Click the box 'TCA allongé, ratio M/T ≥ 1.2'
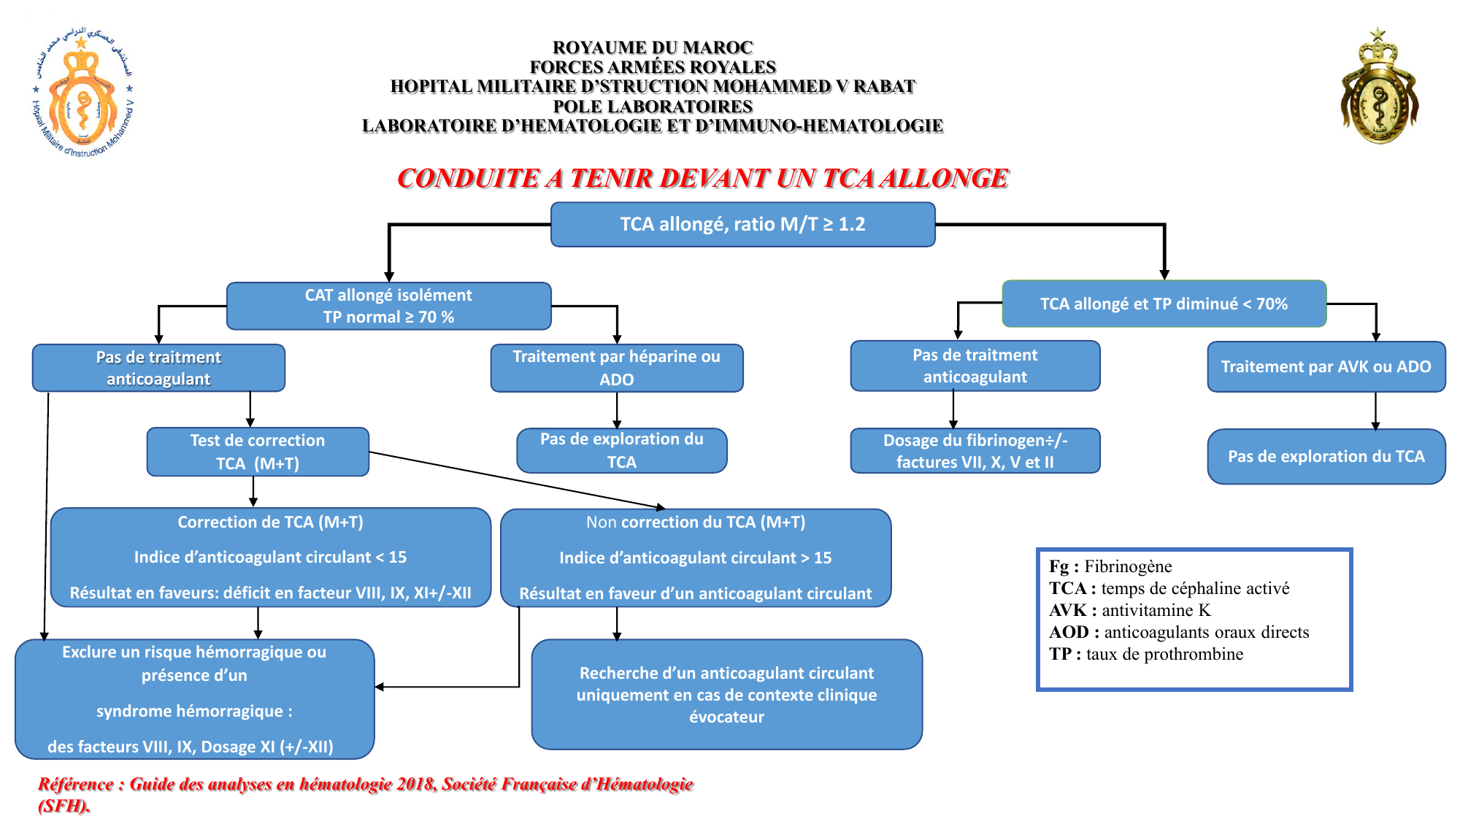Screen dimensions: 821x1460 (x=742, y=224)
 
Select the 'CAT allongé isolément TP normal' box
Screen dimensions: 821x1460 (x=388, y=306)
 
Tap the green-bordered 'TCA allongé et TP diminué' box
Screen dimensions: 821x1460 (x=1164, y=304)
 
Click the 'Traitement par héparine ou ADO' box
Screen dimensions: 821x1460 (x=616, y=368)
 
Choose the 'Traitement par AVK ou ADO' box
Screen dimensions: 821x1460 (x=1326, y=366)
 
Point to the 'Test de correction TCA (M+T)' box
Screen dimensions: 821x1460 (x=258, y=452)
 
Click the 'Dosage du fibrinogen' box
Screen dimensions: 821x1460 (x=975, y=451)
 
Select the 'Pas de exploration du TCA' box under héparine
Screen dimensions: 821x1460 (x=621, y=450)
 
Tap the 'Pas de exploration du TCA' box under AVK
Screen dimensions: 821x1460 (x=1326, y=456)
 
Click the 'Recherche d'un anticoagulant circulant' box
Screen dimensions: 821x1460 (x=726, y=694)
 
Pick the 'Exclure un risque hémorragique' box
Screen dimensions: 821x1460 (x=194, y=698)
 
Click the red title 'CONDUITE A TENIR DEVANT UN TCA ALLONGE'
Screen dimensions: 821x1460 (x=702, y=178)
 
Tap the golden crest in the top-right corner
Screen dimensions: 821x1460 (x=1378, y=88)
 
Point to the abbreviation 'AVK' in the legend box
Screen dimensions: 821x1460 (x=1068, y=610)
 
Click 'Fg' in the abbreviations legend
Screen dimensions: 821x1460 (x=1059, y=566)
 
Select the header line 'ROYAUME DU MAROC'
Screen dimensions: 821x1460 (x=653, y=47)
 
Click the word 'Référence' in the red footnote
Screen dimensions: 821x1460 (x=75, y=784)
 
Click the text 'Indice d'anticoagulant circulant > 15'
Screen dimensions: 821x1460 (x=695, y=558)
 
